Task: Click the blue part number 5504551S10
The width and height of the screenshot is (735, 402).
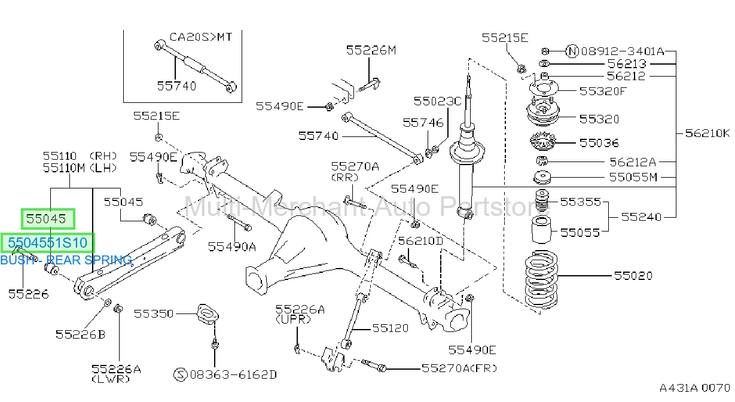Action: coord(48,243)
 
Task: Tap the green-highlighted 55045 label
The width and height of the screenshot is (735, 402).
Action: coord(46,218)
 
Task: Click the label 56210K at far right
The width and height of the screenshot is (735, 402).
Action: coord(707,133)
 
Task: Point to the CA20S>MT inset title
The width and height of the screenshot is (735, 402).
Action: coord(201,36)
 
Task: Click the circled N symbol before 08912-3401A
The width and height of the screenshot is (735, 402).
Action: coord(572,51)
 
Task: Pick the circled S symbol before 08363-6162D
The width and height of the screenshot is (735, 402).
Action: coord(180,374)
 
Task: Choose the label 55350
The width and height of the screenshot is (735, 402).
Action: coord(154,313)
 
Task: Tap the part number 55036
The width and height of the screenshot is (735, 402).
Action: coord(599,143)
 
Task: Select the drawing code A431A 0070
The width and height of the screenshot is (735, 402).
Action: coord(695,388)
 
